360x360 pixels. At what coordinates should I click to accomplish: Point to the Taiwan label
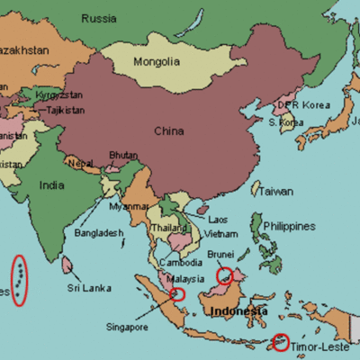275,192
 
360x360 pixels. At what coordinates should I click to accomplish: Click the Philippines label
290,226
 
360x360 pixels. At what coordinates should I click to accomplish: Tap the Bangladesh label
99,233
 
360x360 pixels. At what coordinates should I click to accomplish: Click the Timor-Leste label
321,346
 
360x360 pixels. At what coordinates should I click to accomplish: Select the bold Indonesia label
238,311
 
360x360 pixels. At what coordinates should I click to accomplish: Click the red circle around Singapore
176,292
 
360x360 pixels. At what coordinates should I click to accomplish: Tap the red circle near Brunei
224,274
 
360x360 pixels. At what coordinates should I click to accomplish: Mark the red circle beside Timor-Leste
282,342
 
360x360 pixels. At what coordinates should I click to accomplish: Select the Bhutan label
123,155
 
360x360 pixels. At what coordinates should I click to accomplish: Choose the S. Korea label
285,121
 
